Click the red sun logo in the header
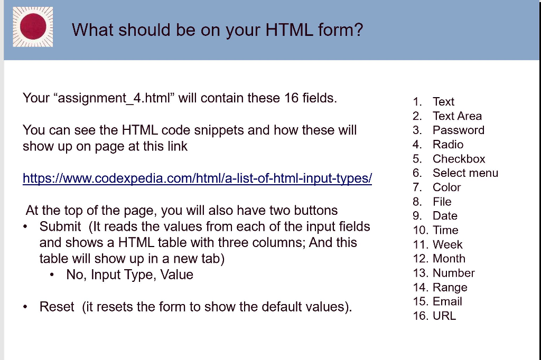pos(33,27)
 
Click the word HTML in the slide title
pos(288,30)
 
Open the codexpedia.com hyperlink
pos(197,178)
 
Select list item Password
pos(458,130)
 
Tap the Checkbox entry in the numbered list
pos(459,159)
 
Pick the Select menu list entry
pos(465,173)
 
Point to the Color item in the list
pos(446,187)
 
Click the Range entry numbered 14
pos(450,288)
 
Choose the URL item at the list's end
pos(444,316)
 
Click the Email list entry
pos(447,302)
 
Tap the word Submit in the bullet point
pos(60,227)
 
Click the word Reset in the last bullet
pos(57,307)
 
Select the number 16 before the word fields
pos(292,98)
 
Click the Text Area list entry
pos(457,116)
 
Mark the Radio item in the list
pos(448,145)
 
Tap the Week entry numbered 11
pos(447,245)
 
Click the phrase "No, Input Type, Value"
pos(129,275)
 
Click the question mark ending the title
pos(359,30)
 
